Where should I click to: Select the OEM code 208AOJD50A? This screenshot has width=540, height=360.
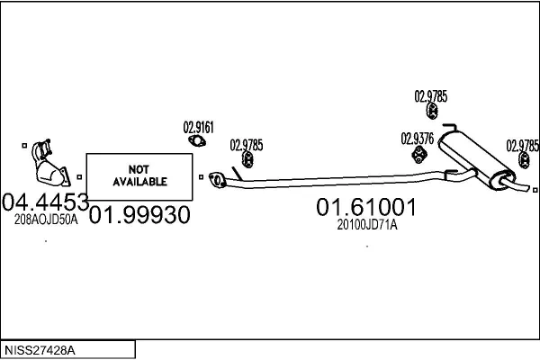pos(46,218)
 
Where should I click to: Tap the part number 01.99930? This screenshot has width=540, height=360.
pos(140,216)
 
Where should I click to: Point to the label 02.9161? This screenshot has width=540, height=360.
pos(199,127)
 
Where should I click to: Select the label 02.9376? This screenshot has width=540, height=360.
pos(418,138)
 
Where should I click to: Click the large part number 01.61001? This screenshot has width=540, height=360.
pos(366,208)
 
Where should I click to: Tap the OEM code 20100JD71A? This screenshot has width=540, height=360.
pos(366,225)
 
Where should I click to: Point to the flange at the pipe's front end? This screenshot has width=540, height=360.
pos(216,181)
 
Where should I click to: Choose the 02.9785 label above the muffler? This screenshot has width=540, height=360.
pos(431,95)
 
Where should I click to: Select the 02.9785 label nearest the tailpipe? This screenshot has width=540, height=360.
pos(522,144)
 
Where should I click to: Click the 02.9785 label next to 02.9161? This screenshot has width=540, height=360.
pos(246,144)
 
